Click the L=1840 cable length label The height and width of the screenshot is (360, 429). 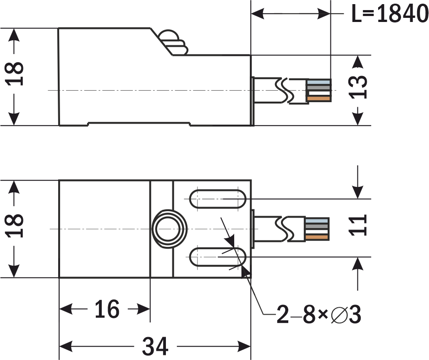coord(390,14)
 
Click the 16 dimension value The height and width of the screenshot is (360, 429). coord(107,310)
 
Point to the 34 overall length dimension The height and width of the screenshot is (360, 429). coord(155,346)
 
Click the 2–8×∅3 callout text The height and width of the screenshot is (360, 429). coord(319,315)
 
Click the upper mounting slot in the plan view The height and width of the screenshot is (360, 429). coord(218,199)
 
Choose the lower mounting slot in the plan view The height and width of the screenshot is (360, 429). coord(218,257)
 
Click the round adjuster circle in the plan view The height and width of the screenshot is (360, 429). coord(169,228)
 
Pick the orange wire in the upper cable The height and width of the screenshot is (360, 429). coord(319,98)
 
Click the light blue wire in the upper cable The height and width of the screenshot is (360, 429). coord(319,82)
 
